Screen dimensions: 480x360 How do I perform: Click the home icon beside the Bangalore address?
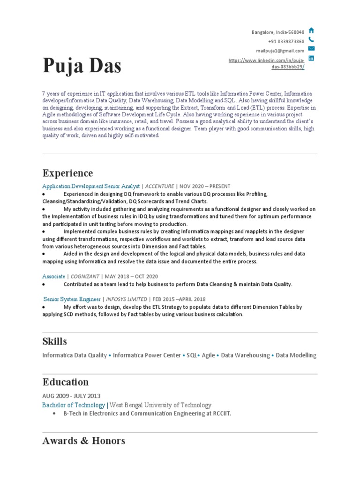(311, 30)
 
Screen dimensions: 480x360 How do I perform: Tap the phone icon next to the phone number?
(311, 40)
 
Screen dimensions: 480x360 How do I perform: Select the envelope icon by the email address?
(311, 49)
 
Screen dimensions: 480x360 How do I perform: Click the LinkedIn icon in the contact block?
(311, 58)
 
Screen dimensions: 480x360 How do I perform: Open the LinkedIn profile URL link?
(266, 64)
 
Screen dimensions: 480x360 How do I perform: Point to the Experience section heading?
(67, 173)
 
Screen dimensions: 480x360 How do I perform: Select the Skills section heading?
(54, 341)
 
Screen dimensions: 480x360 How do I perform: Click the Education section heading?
(65, 382)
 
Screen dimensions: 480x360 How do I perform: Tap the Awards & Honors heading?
(83, 441)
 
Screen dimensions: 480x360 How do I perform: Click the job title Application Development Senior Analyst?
(91, 186)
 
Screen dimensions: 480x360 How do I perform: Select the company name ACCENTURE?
(159, 186)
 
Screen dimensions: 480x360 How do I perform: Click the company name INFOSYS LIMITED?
(126, 299)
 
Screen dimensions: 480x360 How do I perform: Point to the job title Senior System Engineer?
(72, 299)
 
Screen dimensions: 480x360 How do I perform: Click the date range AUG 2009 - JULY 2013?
(71, 396)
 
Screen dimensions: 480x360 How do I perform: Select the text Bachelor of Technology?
(74, 405)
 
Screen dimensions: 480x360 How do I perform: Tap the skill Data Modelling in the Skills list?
(296, 355)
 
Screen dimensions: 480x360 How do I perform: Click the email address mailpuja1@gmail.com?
(280, 51)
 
